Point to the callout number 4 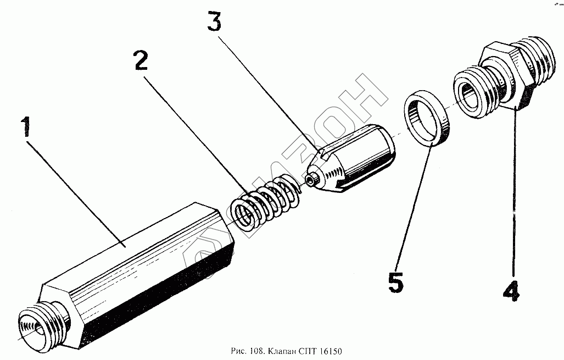point(511,291)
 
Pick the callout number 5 point(395,282)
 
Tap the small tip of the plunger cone point(312,180)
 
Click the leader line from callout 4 point(514,192)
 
